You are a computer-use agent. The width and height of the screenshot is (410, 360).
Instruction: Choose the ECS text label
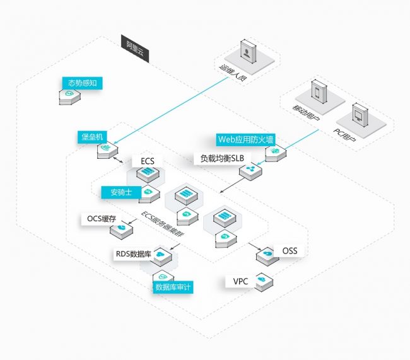pos(147,161)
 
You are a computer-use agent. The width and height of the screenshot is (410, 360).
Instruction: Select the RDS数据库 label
pos(133,254)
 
